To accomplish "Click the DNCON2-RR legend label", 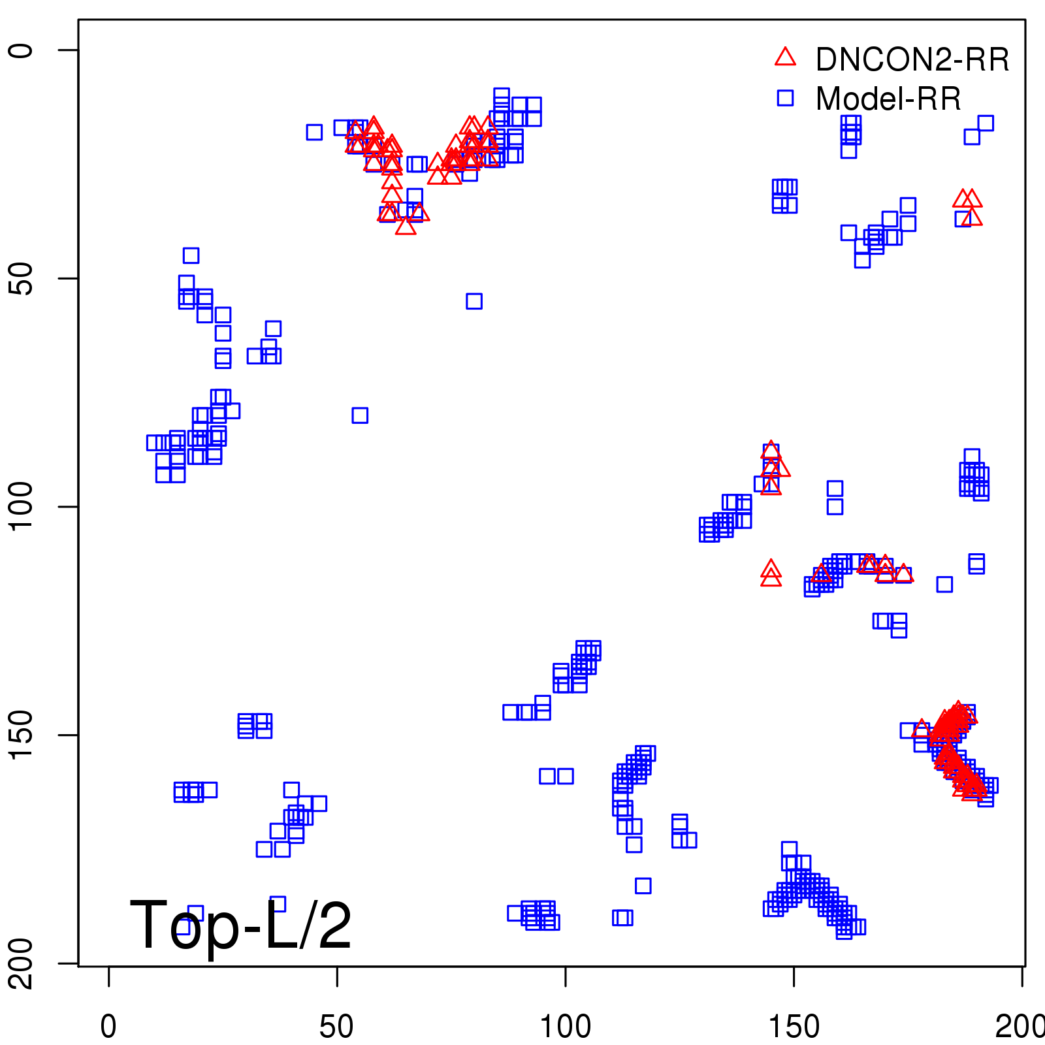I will (x=912, y=60).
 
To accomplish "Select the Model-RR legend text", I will (x=888, y=99).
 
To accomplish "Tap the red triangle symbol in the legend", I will (x=785, y=57).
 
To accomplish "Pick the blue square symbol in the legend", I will (x=785, y=98).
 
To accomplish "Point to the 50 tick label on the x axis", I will (x=336, y=1027).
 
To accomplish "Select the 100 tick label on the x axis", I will (x=565, y=1027).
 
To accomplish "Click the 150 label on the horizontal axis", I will (x=794, y=1027).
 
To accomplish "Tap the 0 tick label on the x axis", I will (x=108, y=1027).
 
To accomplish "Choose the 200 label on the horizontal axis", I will (x=1019, y=1027).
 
